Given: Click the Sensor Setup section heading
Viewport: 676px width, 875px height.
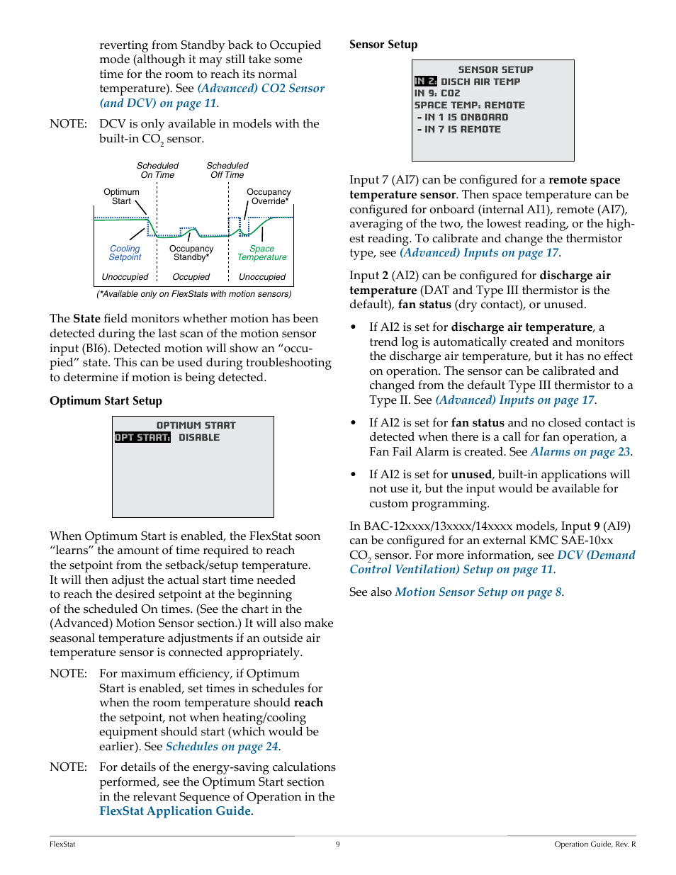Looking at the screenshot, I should point(383,45).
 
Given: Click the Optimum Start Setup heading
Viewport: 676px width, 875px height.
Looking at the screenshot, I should point(106,401).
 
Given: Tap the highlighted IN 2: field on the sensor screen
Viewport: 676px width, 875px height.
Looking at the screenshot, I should point(426,81).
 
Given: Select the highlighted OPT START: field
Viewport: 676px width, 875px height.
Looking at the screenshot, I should point(142,438).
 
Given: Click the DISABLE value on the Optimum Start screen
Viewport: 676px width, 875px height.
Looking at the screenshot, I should point(199,438).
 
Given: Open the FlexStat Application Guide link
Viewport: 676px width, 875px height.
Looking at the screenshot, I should point(175,811).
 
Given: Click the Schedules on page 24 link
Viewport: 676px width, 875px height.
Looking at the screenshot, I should point(222,747).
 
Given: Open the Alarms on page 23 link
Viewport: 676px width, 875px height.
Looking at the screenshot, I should point(580,452).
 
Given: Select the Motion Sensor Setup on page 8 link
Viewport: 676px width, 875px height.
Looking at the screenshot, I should point(478,592).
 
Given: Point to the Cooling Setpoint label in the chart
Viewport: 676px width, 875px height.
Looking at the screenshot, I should point(125,253).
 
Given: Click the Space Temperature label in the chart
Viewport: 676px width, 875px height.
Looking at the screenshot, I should point(261,253).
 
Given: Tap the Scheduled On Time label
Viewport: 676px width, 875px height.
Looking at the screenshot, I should point(157,170).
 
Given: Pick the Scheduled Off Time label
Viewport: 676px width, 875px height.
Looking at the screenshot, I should point(227,170).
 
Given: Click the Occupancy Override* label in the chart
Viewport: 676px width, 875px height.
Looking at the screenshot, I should point(269,196).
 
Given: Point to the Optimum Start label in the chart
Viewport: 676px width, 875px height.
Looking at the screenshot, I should point(121,196).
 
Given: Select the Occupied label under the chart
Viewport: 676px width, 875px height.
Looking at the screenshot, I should point(191,277).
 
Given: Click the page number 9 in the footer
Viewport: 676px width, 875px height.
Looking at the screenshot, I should point(338,844).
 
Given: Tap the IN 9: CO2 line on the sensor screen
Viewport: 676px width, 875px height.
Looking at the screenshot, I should point(437,94).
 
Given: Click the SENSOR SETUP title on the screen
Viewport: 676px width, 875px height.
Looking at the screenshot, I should point(495,69).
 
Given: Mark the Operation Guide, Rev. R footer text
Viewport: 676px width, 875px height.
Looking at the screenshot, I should point(595,844).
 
